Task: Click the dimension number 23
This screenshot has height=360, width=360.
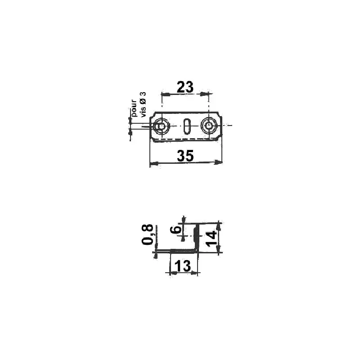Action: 185,87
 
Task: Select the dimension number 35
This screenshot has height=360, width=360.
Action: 185,155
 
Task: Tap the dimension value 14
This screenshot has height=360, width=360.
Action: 211,238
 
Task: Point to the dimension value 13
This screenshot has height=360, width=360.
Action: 183,266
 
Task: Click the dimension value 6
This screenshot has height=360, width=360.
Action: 175,230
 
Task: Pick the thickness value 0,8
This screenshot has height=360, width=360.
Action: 147,234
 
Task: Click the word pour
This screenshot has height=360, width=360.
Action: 134,108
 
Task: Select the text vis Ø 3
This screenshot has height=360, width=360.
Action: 143,104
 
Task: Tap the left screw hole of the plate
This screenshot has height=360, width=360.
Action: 162,126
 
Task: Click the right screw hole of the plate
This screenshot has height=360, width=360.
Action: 209,126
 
